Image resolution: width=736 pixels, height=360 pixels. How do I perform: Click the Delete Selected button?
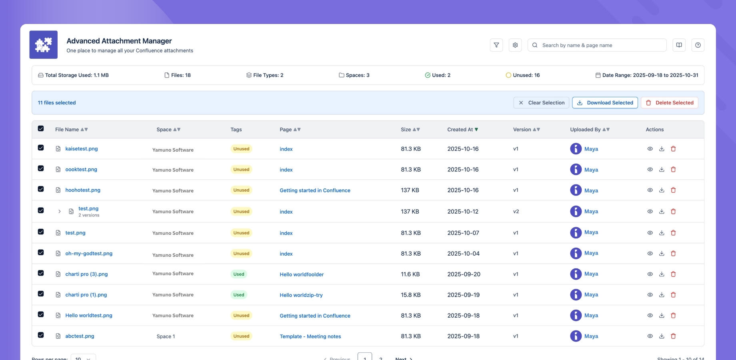click(669, 103)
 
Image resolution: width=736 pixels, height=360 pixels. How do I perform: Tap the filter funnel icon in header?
click(496, 45)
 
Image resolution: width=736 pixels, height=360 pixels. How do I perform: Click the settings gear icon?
click(515, 45)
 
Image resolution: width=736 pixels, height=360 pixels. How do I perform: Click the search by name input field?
click(600, 45)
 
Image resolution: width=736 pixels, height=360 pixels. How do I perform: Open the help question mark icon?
click(698, 45)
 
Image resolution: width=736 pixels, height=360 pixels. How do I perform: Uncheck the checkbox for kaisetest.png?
click(41, 148)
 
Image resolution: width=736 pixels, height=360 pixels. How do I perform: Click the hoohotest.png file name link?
click(83, 190)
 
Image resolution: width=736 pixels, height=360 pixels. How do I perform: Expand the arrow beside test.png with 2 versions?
click(60, 211)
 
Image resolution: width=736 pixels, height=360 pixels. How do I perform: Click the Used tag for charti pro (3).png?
click(239, 274)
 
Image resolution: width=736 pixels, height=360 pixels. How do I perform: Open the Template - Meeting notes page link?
click(310, 336)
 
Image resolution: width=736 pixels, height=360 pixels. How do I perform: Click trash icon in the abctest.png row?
click(673, 336)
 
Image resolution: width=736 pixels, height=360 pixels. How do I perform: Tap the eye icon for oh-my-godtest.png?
click(650, 254)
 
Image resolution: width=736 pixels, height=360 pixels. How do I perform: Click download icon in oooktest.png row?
click(662, 170)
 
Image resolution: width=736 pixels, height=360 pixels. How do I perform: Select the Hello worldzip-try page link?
click(301, 295)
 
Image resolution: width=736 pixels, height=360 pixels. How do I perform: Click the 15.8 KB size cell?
click(410, 295)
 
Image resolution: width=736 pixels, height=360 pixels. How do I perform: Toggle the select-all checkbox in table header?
click(41, 128)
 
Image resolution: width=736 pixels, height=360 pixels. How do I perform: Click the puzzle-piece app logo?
click(43, 45)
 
